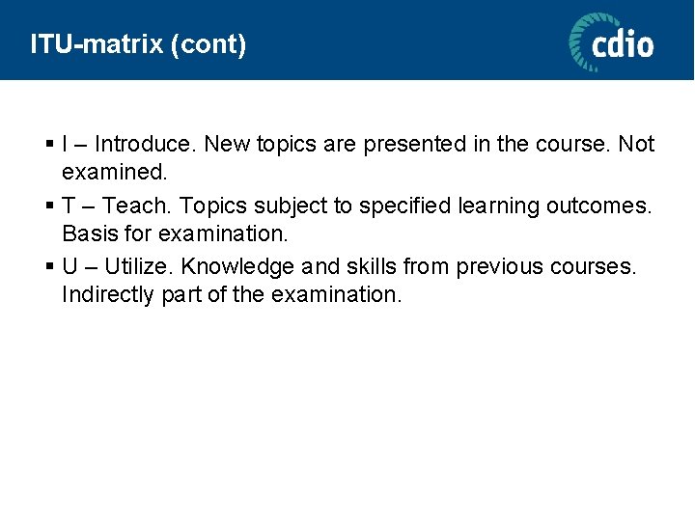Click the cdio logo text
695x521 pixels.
pos(623,44)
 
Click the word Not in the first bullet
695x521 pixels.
pos(635,145)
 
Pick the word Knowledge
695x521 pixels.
pos(243,266)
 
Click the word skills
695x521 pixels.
pos(372,266)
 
